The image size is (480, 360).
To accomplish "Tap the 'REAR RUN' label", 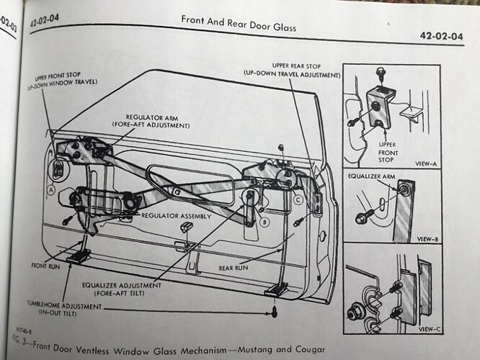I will pos(234,267).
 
